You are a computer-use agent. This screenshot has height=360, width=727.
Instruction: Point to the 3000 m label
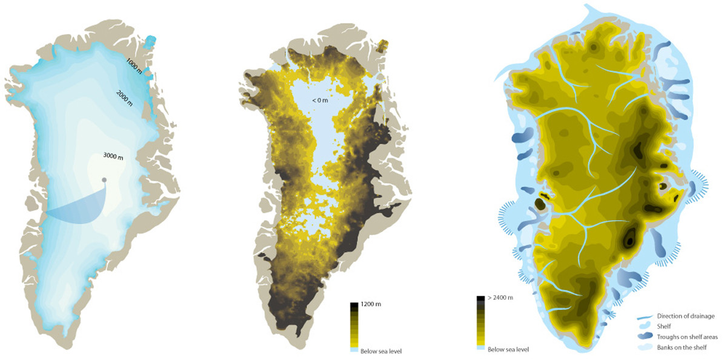click(x=113, y=157)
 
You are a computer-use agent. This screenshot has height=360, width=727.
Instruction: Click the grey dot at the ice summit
click(x=105, y=179)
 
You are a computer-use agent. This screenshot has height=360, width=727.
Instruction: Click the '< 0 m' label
click(x=320, y=99)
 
